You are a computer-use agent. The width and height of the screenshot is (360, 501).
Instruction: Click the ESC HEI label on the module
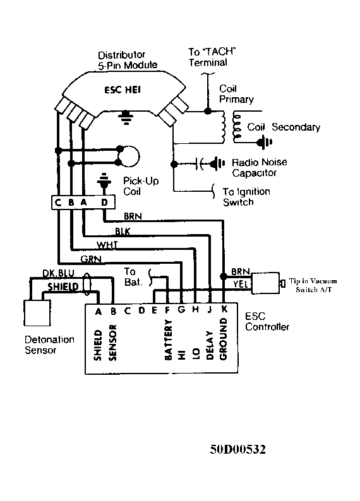click(123, 90)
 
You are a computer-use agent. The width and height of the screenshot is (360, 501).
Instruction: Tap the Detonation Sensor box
click(37, 313)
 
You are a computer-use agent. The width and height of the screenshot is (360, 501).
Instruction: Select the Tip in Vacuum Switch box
click(265, 283)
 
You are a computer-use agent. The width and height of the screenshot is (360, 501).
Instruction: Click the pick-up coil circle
click(128, 156)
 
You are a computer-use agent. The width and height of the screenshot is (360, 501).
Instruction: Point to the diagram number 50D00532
click(238, 449)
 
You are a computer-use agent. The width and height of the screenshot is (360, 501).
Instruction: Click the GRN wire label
click(91, 259)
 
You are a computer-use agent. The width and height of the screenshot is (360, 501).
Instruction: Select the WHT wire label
click(107, 245)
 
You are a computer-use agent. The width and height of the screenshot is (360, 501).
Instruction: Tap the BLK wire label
click(123, 231)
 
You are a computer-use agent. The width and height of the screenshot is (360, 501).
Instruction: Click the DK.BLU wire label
click(59, 273)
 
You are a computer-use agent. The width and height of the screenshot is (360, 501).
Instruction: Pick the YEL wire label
click(241, 284)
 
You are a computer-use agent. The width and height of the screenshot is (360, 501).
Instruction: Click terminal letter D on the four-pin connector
click(104, 203)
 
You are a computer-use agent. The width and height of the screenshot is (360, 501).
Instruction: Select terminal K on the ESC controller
click(224, 309)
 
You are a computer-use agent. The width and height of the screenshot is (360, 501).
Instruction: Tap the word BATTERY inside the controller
click(168, 339)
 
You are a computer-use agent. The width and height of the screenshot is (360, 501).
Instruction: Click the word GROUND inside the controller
click(223, 339)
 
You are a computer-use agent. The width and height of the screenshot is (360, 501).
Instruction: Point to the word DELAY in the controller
click(210, 345)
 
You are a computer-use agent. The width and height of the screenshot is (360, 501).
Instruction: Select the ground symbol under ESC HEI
click(126, 117)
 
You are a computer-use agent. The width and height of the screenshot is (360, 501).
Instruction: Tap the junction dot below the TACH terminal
click(208, 111)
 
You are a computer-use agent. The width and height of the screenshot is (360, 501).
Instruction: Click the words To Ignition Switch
click(246, 197)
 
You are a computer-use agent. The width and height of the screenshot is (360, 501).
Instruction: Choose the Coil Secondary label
click(284, 127)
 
